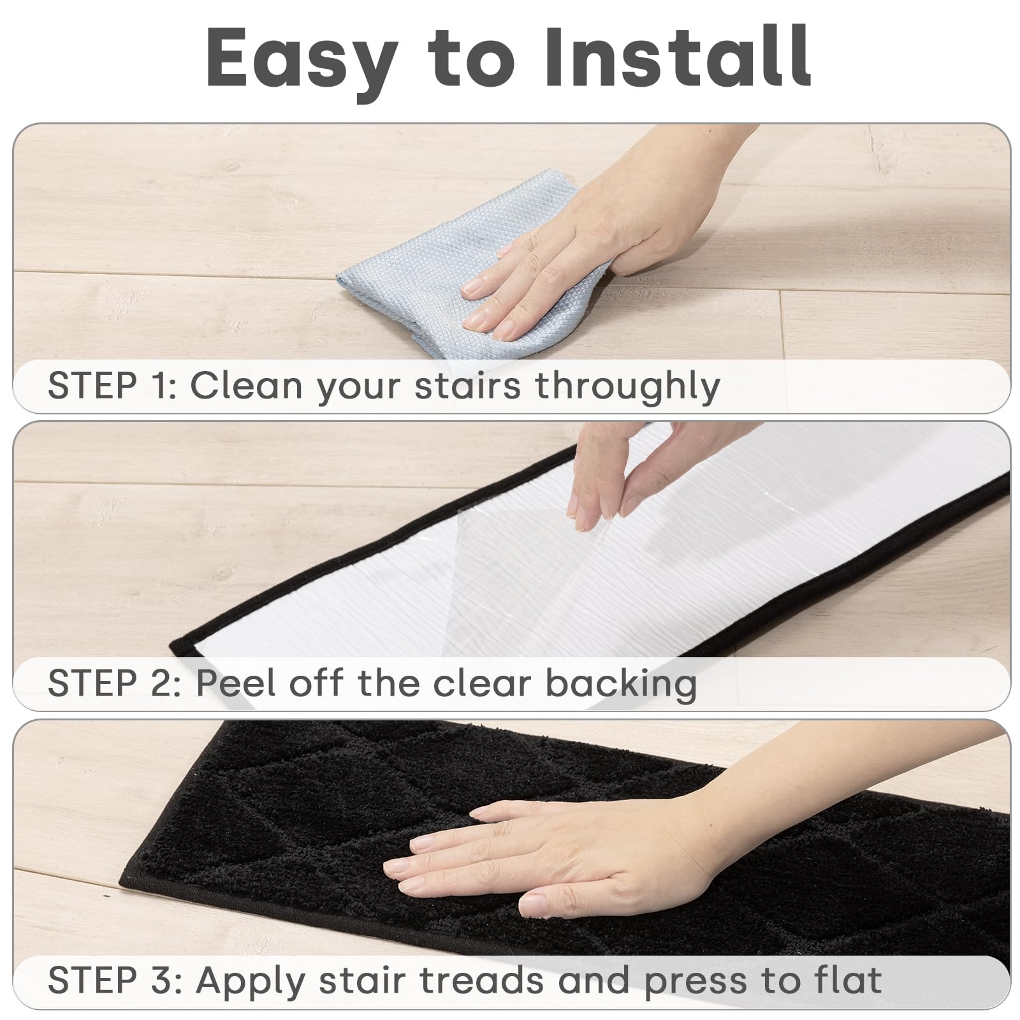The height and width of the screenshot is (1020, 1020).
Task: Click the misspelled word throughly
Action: [x=627, y=386]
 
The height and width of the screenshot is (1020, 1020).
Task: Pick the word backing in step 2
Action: [x=621, y=684]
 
